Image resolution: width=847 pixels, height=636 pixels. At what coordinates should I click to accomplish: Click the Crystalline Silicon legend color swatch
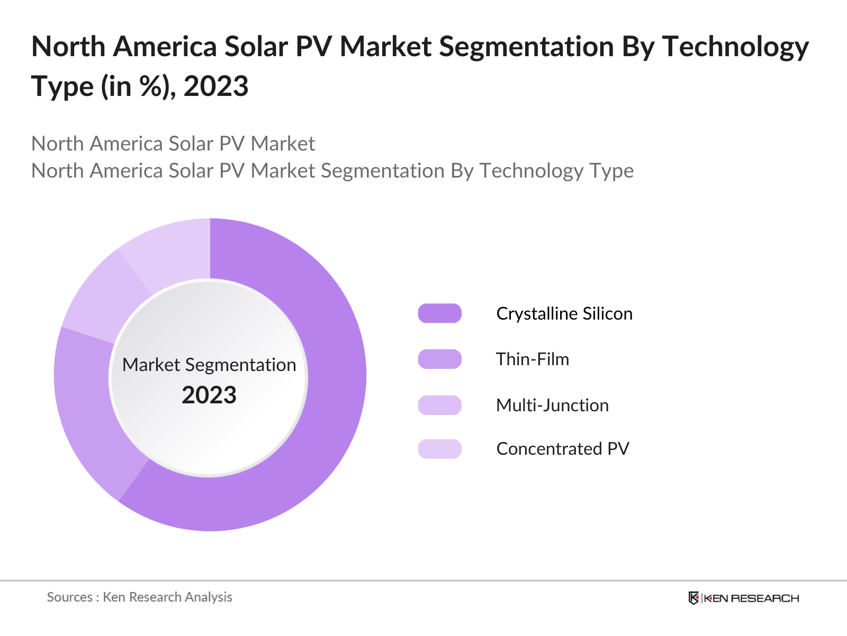pyautogui.click(x=439, y=313)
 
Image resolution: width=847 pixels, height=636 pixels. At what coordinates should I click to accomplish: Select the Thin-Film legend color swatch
pyautogui.click(x=439, y=359)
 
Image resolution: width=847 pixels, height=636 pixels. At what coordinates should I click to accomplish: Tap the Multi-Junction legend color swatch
pyautogui.click(x=439, y=405)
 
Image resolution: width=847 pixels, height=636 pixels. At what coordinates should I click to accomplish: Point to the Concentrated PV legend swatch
pyautogui.click(x=439, y=448)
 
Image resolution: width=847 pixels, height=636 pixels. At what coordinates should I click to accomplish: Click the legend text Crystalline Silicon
pyautogui.click(x=564, y=313)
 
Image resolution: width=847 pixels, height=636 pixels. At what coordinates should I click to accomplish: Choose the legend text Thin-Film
pyautogui.click(x=532, y=359)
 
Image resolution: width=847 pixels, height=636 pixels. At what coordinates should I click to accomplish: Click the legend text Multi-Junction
pyautogui.click(x=552, y=405)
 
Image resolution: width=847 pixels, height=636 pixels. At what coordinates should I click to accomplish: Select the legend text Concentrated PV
pyautogui.click(x=562, y=448)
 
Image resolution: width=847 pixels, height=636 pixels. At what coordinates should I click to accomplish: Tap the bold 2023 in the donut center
pyautogui.click(x=209, y=395)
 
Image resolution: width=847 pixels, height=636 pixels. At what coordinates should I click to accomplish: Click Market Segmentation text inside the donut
pyautogui.click(x=209, y=365)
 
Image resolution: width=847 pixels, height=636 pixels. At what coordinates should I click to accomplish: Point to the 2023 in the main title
pyautogui.click(x=215, y=86)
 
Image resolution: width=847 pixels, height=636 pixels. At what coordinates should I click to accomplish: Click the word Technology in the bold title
pyautogui.click(x=735, y=47)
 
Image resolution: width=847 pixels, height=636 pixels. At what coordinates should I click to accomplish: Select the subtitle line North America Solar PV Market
pyautogui.click(x=173, y=144)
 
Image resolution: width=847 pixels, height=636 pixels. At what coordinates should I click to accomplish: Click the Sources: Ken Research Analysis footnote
pyautogui.click(x=139, y=597)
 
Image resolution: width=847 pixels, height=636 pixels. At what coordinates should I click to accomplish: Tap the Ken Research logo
pyautogui.click(x=743, y=598)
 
